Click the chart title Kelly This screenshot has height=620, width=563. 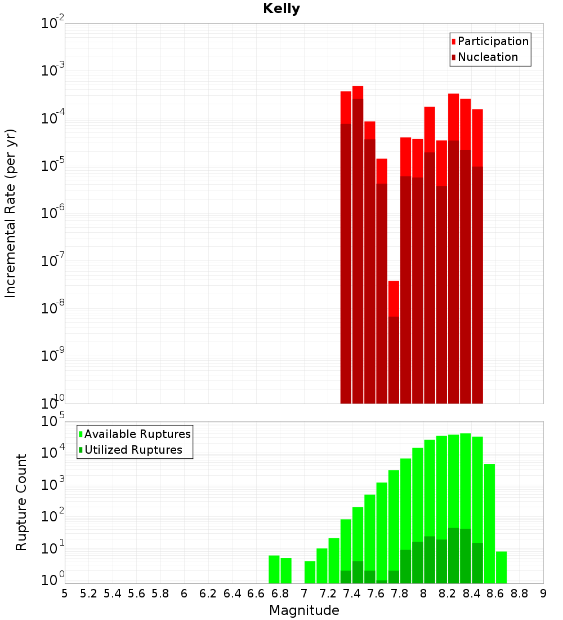coord(281,9)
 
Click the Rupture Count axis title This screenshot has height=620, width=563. coord(21,502)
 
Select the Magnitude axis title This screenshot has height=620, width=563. coord(304,610)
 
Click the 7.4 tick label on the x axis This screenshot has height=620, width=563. coord(352,594)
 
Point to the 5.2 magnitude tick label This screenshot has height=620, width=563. coord(88,594)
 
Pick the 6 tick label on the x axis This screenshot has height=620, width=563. coord(184,594)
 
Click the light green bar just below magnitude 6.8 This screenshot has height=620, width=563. coord(274,569)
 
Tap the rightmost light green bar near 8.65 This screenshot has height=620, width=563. coord(501,567)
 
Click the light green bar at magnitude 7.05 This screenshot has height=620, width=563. coord(310,572)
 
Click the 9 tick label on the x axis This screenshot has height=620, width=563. coord(543,594)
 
